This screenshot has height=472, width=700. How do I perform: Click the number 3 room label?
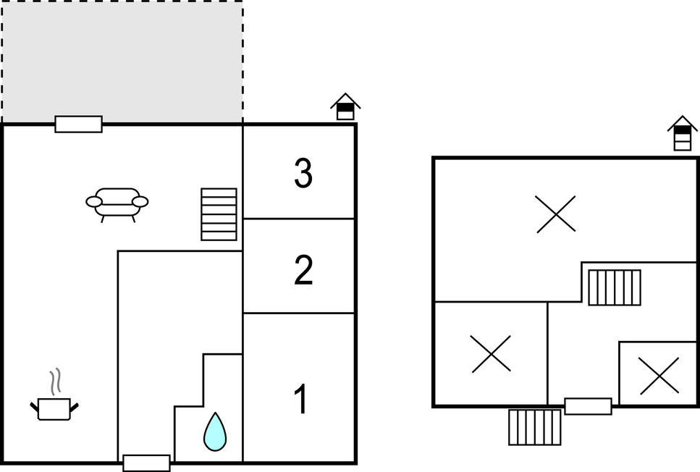(303, 173)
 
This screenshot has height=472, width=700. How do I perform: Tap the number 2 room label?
(303, 270)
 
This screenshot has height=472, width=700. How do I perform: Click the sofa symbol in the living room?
(117, 205)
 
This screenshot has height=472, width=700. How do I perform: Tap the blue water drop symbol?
(215, 431)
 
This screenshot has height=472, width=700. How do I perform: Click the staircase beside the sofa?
(219, 214)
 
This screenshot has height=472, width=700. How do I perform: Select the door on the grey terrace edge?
(79, 124)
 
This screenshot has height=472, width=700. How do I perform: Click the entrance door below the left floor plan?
(146, 463)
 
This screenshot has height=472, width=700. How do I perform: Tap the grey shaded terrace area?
(122, 62)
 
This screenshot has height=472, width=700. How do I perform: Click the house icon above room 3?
(345, 106)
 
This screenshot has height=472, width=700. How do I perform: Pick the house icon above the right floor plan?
(682, 133)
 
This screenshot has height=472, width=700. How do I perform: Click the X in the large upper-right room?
(556, 214)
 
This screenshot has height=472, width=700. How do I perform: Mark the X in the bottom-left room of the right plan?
(491, 354)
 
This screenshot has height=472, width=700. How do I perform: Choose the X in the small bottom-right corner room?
(659, 376)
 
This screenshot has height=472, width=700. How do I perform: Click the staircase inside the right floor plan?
(615, 287)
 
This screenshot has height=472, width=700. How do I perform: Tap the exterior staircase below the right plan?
(535, 427)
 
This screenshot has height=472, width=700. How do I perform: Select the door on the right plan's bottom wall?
(588, 406)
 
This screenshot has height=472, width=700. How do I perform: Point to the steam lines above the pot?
(55, 382)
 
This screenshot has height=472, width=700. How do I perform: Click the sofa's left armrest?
(94, 202)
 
